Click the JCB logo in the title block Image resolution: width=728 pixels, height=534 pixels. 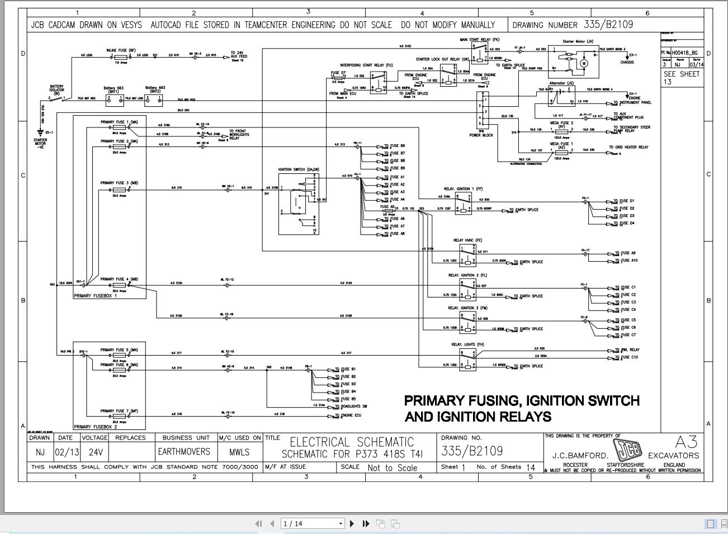pyautogui.click(x=627, y=450)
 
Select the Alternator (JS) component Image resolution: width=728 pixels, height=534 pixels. pyautogui.click(x=561, y=96)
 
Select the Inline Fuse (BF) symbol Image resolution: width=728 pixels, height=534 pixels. pyautogui.click(x=121, y=56)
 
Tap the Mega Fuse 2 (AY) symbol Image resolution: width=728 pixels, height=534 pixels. pyautogui.click(x=561, y=130)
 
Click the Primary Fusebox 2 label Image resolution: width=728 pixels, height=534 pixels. pyautogui.click(x=96, y=427)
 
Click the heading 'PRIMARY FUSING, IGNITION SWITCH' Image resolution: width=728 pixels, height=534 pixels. pyautogui.click(x=521, y=401)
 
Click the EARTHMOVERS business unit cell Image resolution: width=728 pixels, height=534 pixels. pyautogui.click(x=183, y=452)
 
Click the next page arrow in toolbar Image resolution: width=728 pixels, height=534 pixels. pyautogui.click(x=352, y=523)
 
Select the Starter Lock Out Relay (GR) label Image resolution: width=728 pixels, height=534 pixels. pyautogui.click(x=442, y=59)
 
